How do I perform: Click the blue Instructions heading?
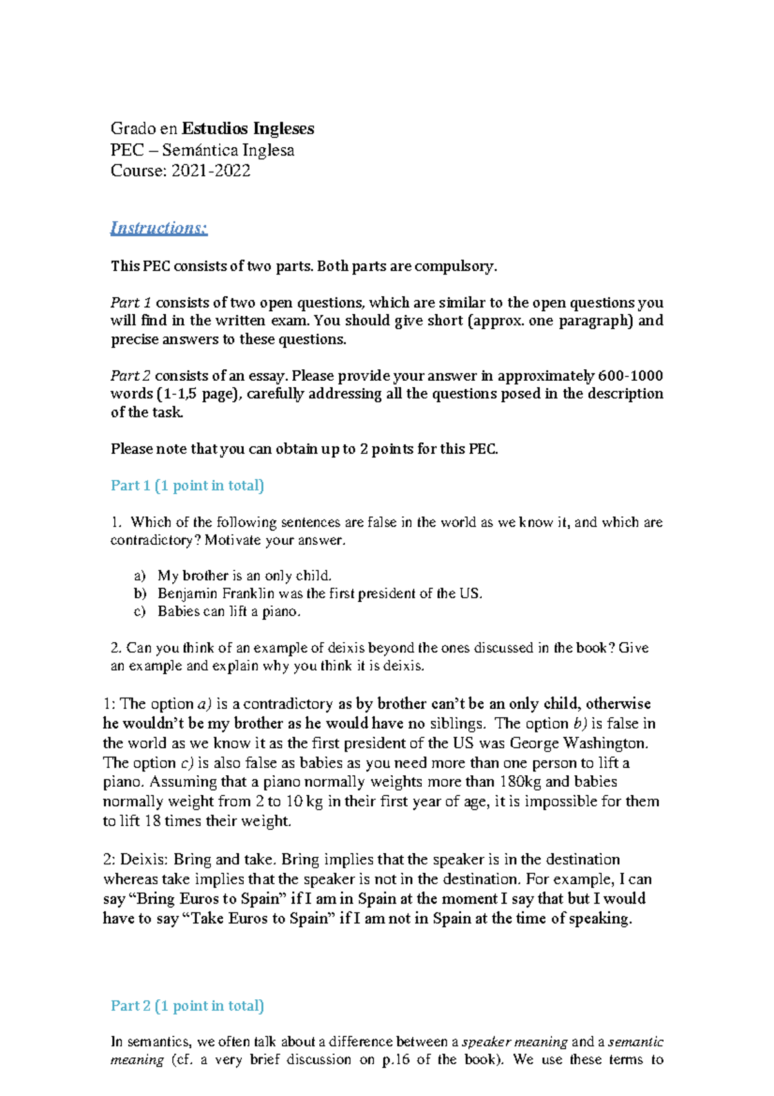tap(159, 228)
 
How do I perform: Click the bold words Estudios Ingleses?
tap(248, 128)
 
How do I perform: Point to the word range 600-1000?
tap(630, 376)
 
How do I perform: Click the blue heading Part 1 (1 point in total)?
tap(187, 485)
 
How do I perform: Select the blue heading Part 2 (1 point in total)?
tap(187, 1006)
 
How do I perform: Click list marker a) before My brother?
tap(140, 576)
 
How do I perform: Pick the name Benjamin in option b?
tap(187, 594)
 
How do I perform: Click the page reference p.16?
tap(395, 1060)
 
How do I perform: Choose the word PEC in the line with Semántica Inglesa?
tap(127, 150)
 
